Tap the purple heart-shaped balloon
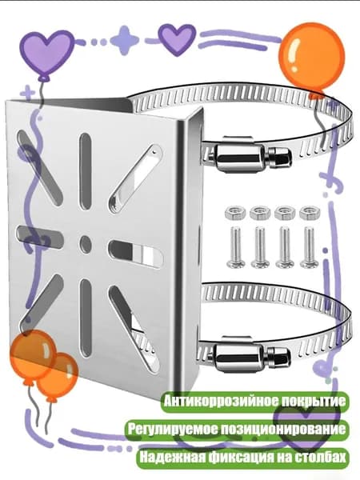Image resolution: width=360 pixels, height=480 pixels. [47, 54]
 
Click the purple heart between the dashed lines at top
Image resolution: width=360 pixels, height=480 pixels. [177, 39]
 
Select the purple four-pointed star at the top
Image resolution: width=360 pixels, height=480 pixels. [125, 40]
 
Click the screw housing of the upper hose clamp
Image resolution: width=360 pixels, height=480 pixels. [238, 158]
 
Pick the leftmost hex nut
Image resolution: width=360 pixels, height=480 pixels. [235, 212]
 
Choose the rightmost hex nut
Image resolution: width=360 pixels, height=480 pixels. [310, 212]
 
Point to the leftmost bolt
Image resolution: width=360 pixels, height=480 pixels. [236, 246]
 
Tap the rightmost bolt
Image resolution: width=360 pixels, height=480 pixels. [310, 246]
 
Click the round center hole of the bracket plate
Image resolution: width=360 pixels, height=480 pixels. [86, 243]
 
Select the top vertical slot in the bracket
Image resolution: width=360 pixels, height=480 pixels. [86, 173]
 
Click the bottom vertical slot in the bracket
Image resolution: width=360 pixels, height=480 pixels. [86, 318]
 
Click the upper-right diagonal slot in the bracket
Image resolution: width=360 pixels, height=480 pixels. [135, 178]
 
